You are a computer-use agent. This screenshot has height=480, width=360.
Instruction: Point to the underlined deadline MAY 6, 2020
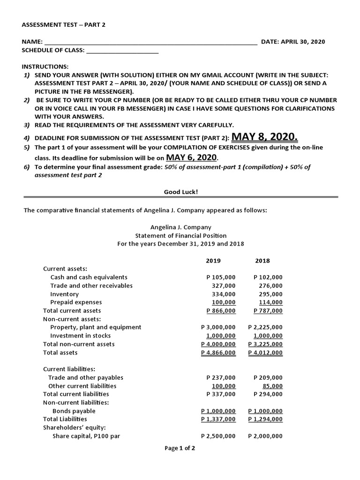pos(192,157)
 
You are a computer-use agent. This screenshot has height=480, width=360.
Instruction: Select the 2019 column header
pos(213,261)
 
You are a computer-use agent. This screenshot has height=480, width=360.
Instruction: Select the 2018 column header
pos(262,261)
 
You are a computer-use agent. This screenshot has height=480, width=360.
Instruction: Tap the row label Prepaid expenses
pos(76,302)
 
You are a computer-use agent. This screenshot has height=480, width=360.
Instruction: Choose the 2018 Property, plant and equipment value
pos(265,327)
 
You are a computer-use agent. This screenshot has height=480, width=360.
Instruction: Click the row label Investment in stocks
pos(81,336)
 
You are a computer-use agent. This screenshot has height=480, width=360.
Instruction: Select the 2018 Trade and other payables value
pos(268,377)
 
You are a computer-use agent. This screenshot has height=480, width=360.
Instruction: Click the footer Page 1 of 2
pos(180,448)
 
